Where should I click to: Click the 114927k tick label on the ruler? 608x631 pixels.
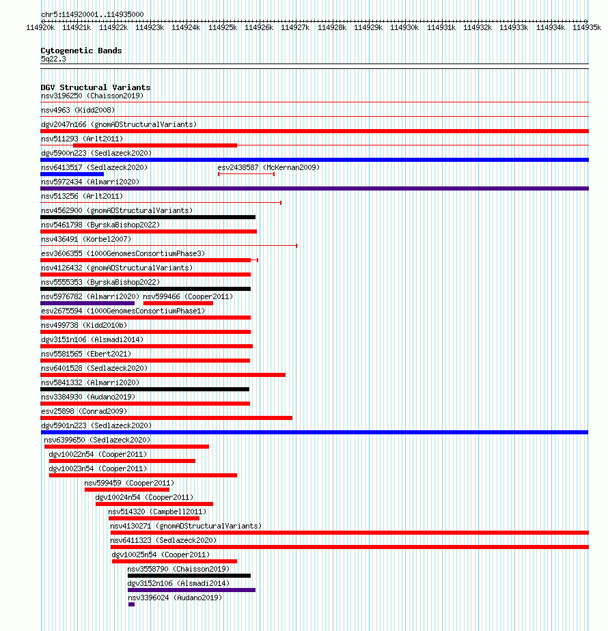[295, 28]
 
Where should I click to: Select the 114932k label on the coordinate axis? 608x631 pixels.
[478, 28]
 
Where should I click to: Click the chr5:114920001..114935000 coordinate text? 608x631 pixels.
[92, 14]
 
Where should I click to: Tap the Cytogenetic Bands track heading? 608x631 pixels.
[81, 51]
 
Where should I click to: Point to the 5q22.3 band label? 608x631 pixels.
[53, 59]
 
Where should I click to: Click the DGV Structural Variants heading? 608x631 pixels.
[96, 87]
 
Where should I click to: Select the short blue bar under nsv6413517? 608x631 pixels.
[72, 174]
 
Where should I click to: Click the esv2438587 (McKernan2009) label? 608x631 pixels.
[268, 167]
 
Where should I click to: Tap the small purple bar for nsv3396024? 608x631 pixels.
[132, 604]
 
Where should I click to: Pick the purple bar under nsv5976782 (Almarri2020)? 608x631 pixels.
[87, 303]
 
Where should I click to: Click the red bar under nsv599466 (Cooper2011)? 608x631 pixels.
[178, 303]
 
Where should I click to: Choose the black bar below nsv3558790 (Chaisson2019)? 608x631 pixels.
[189, 576]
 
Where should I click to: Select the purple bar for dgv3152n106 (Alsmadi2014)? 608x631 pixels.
[192, 590]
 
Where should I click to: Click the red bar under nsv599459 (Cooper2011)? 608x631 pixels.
[127, 490]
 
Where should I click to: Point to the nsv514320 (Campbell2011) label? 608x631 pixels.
[157, 512]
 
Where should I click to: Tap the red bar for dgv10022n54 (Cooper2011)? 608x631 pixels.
[122, 461]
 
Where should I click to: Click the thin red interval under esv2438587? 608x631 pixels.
[246, 174]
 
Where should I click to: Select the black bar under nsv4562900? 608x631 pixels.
[148, 217]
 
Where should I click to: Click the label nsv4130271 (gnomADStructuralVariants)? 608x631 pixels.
[186, 526]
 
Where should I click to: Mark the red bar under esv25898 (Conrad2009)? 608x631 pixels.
[166, 418]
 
